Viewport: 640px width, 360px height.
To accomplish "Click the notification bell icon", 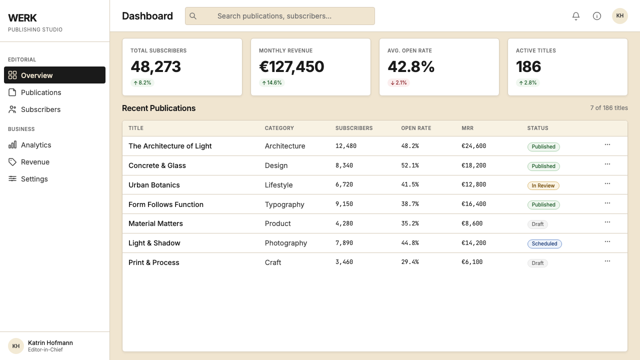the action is coord(575,16).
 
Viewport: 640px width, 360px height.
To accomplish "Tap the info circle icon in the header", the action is coord(597,16).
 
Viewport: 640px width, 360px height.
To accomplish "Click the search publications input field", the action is coord(279,16).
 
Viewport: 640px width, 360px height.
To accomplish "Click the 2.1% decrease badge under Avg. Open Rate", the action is coord(398,83).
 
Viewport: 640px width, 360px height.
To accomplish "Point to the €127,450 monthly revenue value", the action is coord(291,66).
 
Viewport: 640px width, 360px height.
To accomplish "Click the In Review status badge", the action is coord(543,185).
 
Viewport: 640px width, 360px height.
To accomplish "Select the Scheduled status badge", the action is coord(544,243).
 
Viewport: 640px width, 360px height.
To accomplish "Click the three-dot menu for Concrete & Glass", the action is coord(607,164).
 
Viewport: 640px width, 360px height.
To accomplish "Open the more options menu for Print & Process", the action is coord(607,261).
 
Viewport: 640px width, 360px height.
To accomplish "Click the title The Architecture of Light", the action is coord(170,146).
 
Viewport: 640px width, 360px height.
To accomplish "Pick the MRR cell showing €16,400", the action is coord(473,204).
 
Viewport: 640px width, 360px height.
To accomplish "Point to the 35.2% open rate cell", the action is coord(410,223).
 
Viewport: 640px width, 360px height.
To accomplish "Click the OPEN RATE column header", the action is coord(416,128).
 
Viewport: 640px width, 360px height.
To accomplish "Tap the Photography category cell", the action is coord(285,243).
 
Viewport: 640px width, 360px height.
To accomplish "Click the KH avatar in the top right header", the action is coord(619,16).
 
